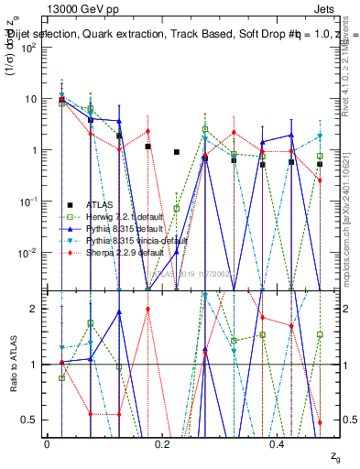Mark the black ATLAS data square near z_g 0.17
point(147,147)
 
